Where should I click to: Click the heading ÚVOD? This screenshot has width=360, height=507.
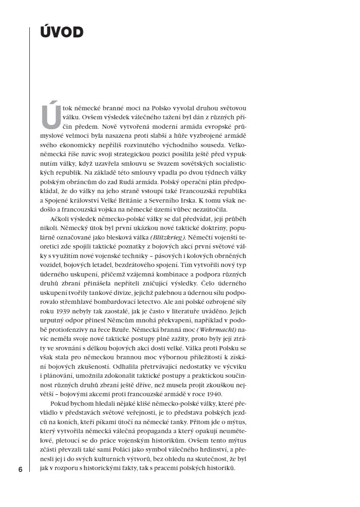click(62, 33)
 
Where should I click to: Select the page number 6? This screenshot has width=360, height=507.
click(20, 470)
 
